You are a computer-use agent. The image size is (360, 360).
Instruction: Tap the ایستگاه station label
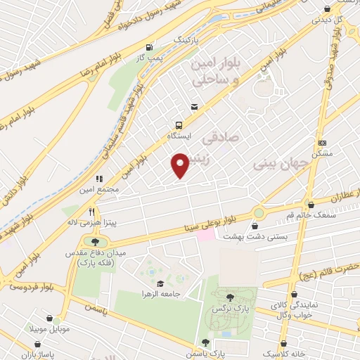pos(179,133)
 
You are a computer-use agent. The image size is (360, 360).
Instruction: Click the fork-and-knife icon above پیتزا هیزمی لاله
pos(91,210)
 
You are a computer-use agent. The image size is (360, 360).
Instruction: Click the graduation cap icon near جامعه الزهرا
pos(160,283)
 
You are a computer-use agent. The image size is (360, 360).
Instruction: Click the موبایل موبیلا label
pos(46,328)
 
